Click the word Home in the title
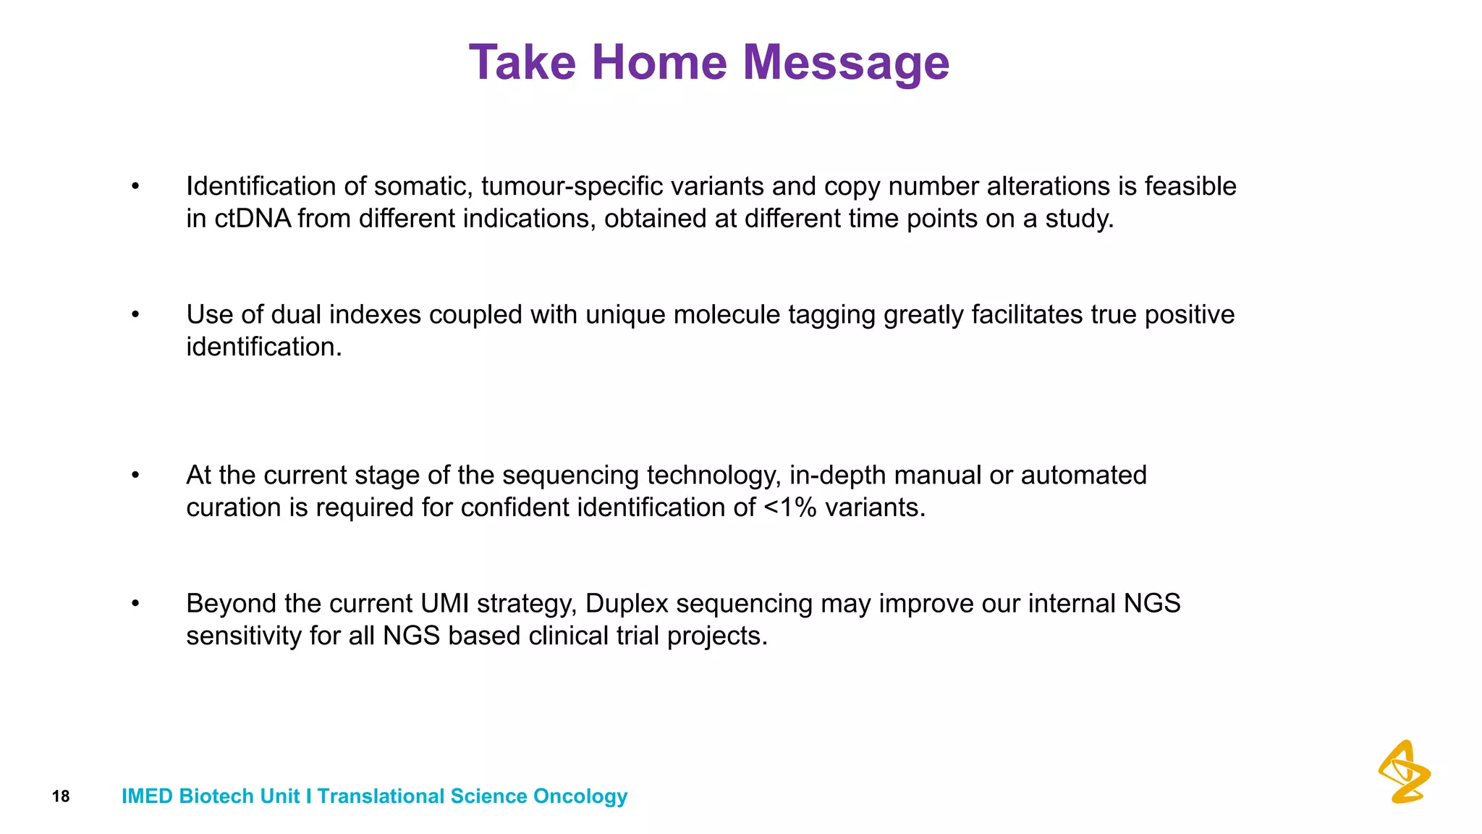click(x=659, y=62)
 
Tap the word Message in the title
click(x=846, y=64)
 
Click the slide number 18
click(x=61, y=797)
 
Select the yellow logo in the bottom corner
click(x=1404, y=772)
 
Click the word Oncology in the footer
click(x=580, y=796)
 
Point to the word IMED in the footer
click(x=147, y=796)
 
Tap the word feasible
click(x=1190, y=187)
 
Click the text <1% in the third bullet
click(x=789, y=507)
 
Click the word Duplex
click(x=627, y=604)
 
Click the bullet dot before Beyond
click(x=135, y=603)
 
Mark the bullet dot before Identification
click(x=135, y=186)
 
